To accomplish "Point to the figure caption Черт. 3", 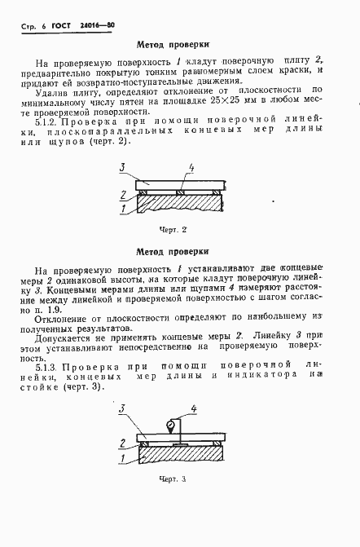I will coord(173,478).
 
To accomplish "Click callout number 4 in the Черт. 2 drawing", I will coord(190,168).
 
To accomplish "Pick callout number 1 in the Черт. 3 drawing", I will coord(122,459).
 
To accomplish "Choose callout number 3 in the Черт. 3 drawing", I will coord(121,408).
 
